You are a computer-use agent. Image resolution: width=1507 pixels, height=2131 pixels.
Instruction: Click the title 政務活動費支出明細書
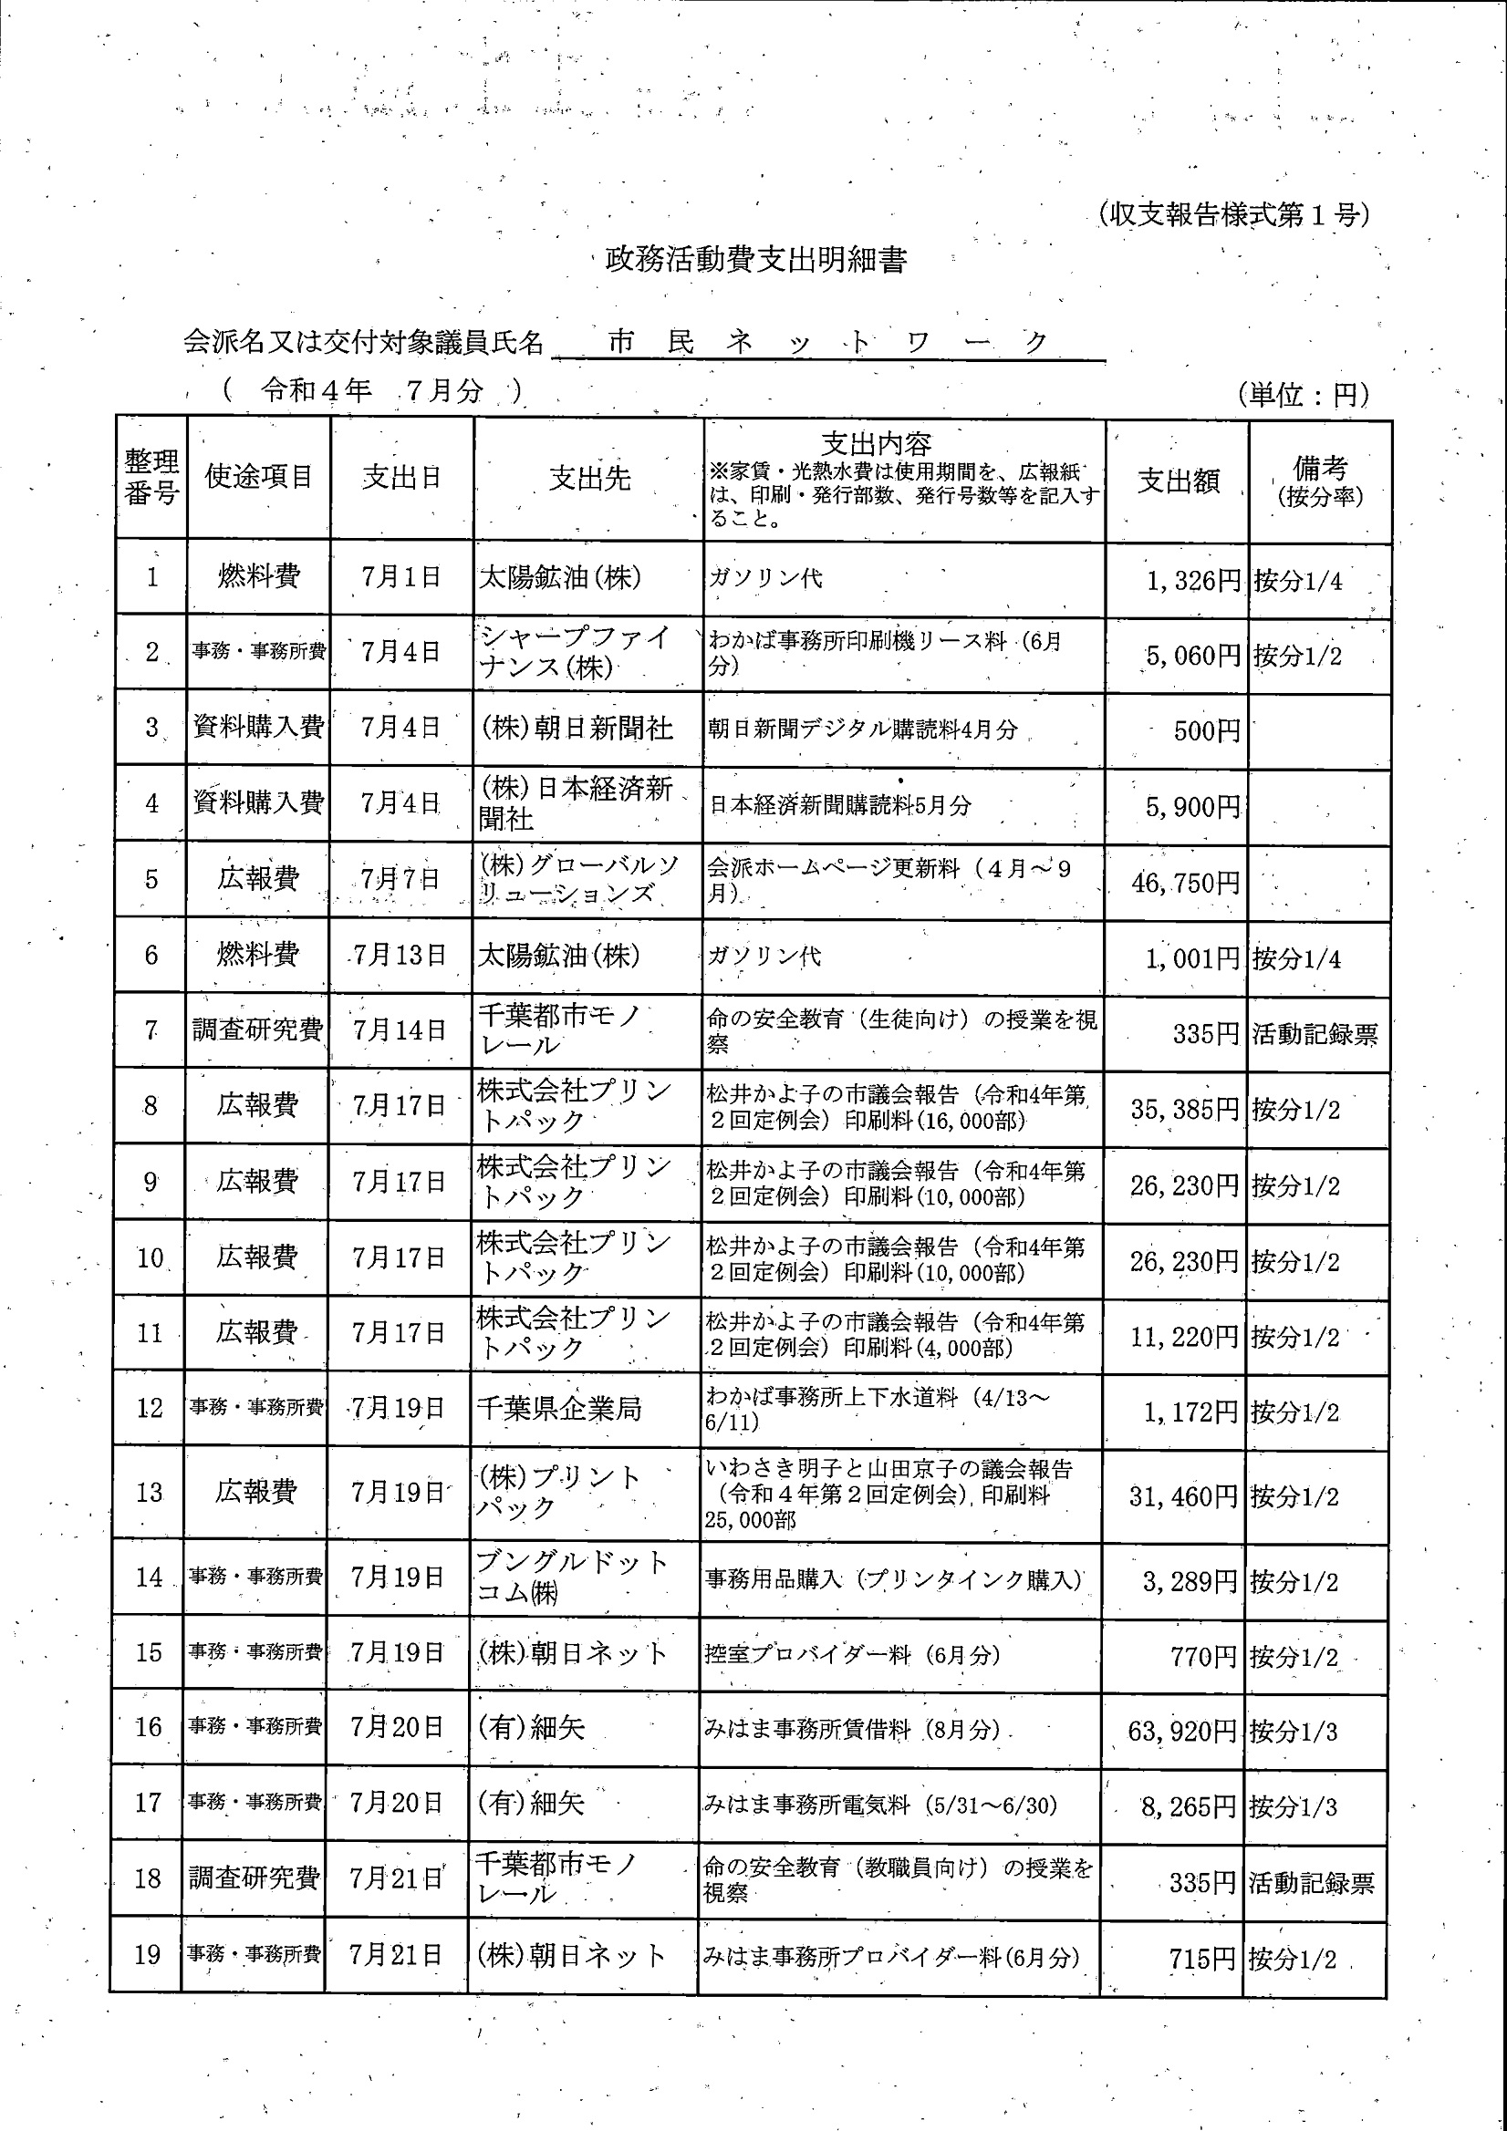(x=756, y=260)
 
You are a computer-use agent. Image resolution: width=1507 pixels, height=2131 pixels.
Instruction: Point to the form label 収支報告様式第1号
(x=1232, y=215)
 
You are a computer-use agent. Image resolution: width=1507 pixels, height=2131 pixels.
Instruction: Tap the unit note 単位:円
(x=1303, y=395)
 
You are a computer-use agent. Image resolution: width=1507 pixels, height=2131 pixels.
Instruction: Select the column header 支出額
(x=1178, y=480)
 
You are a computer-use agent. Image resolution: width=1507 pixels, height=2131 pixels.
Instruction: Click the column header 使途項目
(x=258, y=477)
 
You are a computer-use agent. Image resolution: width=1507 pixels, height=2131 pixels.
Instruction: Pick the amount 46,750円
(x=1186, y=883)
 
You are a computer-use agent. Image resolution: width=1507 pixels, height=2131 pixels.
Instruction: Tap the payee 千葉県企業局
(x=559, y=1409)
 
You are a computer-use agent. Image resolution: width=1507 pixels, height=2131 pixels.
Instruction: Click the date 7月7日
(x=400, y=879)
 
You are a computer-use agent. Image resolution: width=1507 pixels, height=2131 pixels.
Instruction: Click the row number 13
(x=150, y=1493)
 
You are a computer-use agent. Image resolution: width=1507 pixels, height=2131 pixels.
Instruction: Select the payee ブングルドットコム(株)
(x=571, y=1577)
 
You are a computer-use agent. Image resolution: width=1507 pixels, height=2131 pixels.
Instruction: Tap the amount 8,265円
(x=1189, y=1806)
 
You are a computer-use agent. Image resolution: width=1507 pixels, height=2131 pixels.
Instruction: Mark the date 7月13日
(x=400, y=955)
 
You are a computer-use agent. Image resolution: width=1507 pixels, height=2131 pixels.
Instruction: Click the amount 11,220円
(x=1184, y=1337)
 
